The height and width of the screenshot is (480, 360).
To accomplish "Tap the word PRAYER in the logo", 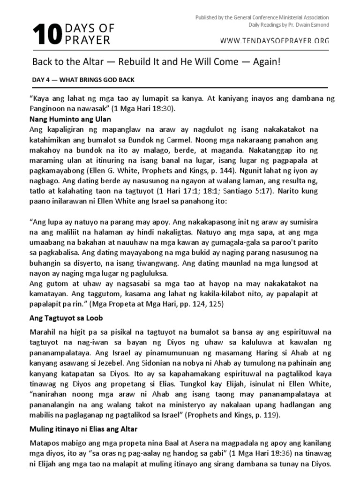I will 88,41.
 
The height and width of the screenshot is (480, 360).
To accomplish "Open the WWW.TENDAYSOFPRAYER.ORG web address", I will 275,41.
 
